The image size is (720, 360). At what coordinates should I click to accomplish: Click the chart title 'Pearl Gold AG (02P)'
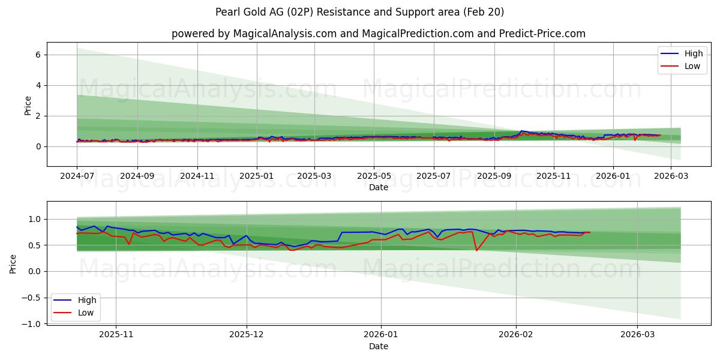(360, 12)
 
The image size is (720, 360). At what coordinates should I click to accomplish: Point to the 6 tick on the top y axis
(38, 55)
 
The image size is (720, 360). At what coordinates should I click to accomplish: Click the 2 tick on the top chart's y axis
(38, 116)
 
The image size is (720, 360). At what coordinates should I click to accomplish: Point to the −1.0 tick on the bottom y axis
(32, 324)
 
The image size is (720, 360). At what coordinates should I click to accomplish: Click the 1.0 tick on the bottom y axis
(36, 220)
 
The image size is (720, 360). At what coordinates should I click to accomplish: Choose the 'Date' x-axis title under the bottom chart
(378, 346)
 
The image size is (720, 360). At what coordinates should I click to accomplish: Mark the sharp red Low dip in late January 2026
(476, 250)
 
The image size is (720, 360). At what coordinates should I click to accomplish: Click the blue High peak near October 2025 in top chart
(522, 131)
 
